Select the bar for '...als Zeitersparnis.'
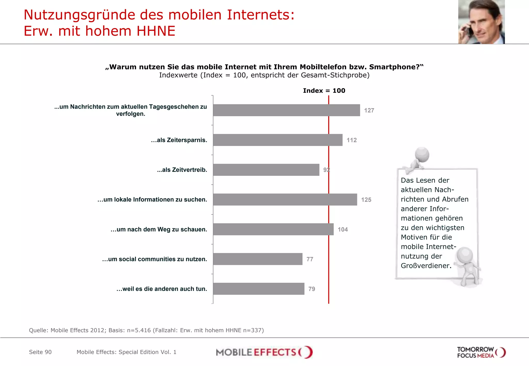tap(278, 140)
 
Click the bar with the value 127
tap(286, 110)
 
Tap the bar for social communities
tap(258, 259)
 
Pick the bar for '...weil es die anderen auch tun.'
tap(259, 289)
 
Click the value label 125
tap(366, 200)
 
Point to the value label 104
tap(343, 229)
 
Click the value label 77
tap(310, 259)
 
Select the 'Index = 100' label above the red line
tap(324, 91)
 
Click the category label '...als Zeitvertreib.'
tap(182, 170)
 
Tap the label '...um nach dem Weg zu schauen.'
tap(159, 229)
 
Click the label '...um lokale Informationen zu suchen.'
tap(152, 200)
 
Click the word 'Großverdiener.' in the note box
tap(426, 266)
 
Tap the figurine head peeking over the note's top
tap(422, 154)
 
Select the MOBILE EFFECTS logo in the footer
tap(264, 352)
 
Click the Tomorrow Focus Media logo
tap(481, 352)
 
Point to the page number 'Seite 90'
tap(40, 352)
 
